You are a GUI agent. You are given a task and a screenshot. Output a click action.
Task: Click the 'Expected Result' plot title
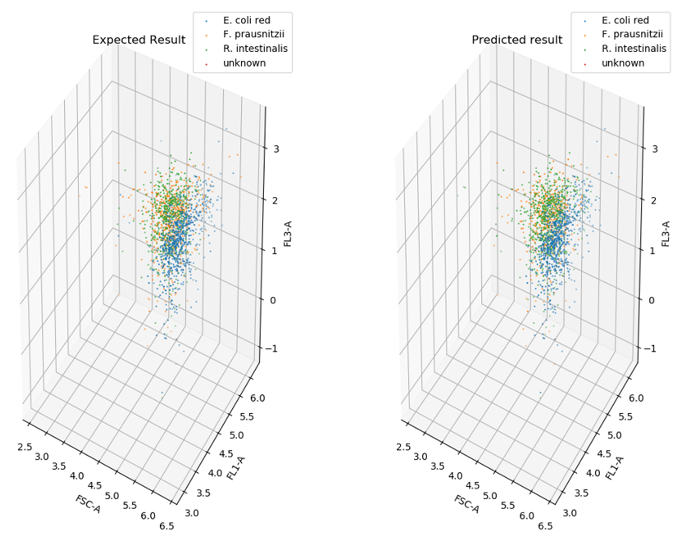(139, 40)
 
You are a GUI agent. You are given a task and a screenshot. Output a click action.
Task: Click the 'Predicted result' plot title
(517, 40)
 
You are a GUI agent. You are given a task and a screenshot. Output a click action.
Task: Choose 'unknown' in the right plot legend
(623, 63)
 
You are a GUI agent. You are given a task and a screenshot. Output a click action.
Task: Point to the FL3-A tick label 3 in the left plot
(276, 149)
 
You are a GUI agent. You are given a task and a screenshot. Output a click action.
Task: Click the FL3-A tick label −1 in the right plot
(651, 349)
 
